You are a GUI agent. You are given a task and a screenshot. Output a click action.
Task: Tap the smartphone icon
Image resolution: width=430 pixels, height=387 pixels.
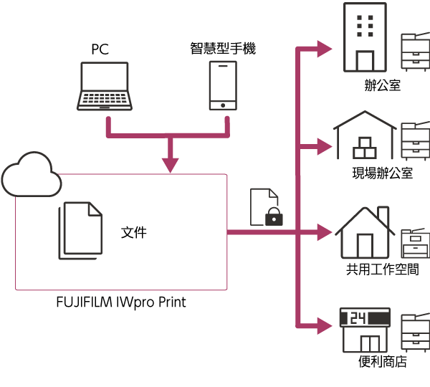[x=223, y=85]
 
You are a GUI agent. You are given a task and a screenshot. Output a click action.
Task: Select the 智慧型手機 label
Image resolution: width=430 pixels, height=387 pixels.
[x=223, y=49]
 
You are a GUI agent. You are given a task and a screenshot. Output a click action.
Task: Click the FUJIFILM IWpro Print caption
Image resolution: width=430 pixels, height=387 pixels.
[x=120, y=302]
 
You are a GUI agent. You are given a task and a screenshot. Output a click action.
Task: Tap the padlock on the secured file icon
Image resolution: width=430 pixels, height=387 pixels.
[x=273, y=216]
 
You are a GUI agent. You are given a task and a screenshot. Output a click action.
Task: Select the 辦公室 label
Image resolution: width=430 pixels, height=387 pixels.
[x=382, y=86]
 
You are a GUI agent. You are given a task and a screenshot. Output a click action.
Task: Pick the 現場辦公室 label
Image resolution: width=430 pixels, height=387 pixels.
[x=382, y=173]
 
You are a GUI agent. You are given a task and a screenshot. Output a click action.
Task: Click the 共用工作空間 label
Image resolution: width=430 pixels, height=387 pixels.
[x=382, y=269]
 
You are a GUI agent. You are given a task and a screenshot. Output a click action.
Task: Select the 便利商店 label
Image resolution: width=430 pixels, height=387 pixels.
[x=382, y=362]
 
